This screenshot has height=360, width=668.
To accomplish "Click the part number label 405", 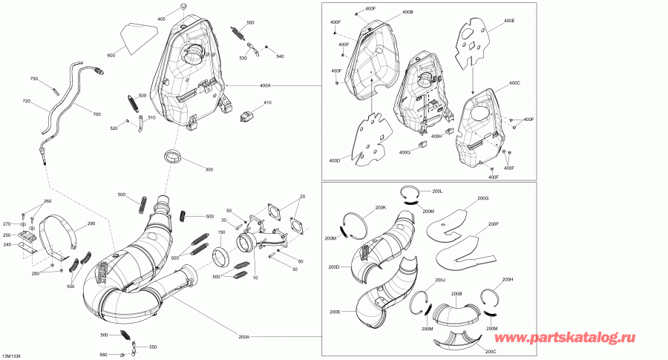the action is coord(162,19).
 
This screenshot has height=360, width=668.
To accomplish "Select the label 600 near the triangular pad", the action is coord(111,56).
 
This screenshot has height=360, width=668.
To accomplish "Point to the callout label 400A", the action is coord(265,85).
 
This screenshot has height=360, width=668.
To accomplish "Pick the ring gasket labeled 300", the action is coord(174,156).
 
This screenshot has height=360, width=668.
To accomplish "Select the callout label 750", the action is coord(34,79).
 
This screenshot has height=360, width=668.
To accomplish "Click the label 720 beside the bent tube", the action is coord(27,102).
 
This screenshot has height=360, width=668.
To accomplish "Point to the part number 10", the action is coord(255,278).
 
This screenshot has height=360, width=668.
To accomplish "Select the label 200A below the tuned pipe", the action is coord(243,336).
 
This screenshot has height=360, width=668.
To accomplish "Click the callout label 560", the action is coord(103,355).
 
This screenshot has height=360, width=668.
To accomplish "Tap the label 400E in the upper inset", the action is coord(509,21).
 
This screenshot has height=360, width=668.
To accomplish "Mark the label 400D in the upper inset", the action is coord(335,160).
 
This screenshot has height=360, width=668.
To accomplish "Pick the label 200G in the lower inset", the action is coord(482,198).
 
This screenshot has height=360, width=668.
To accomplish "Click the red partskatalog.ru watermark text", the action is coord(565,338).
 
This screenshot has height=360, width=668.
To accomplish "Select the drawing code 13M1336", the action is coord(11,356).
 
